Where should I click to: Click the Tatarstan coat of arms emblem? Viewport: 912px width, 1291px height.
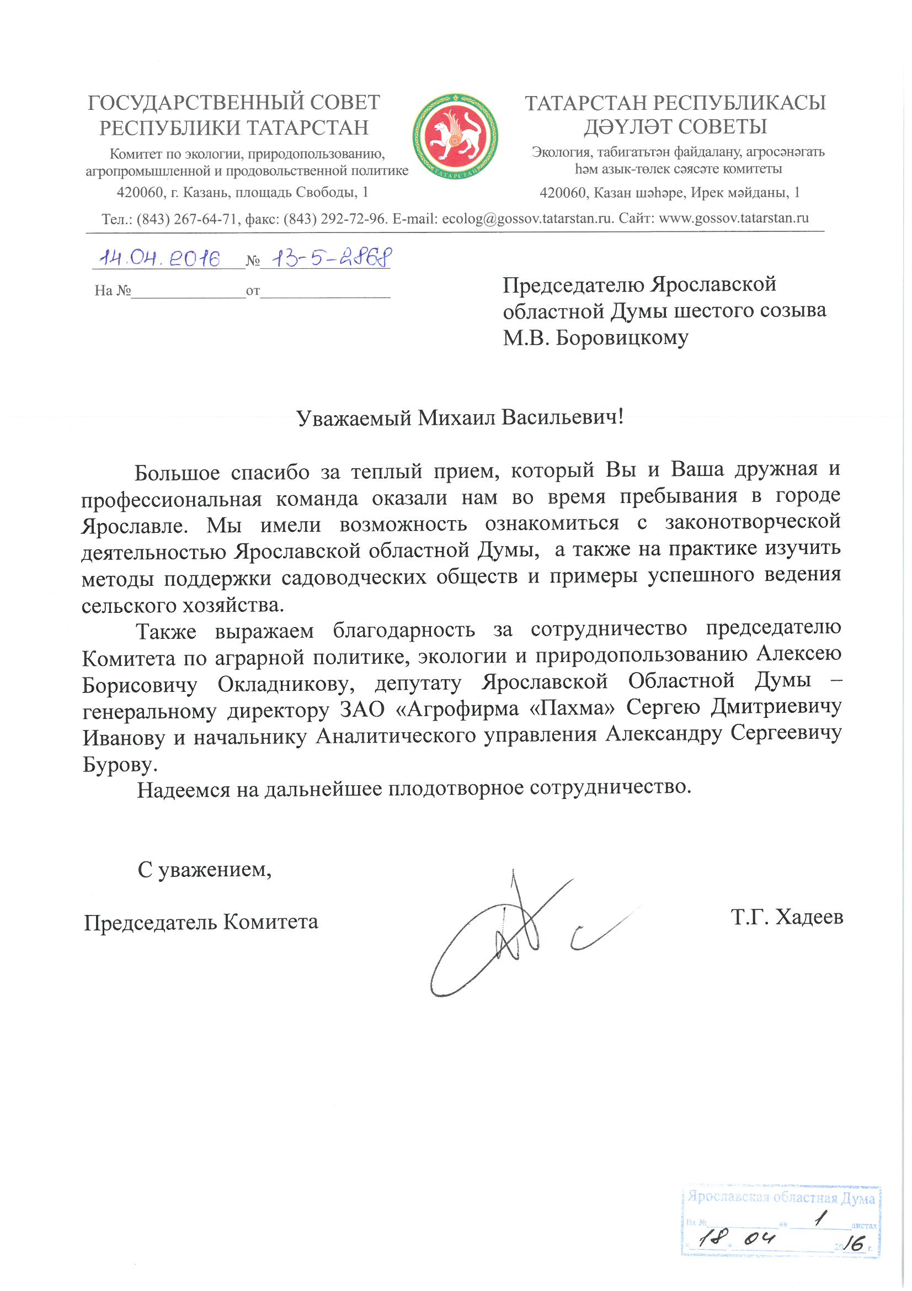[x=455, y=136]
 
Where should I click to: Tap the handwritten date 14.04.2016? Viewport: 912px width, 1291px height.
[x=159, y=258]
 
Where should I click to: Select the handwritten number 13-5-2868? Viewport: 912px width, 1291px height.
[x=331, y=258]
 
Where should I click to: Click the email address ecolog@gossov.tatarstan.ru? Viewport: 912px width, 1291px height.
[x=527, y=219]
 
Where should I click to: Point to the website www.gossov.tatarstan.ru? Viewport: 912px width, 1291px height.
[x=733, y=218]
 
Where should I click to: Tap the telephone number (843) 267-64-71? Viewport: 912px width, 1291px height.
[x=187, y=219]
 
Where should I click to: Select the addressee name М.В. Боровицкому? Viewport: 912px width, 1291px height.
[x=595, y=338]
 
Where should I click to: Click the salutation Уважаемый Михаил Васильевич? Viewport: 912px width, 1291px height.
[x=460, y=418]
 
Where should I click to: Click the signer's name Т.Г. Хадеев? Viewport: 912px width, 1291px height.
[x=787, y=917]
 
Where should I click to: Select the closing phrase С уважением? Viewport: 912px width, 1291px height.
[x=205, y=870]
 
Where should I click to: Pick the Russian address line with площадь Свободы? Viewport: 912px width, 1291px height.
[x=242, y=192]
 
